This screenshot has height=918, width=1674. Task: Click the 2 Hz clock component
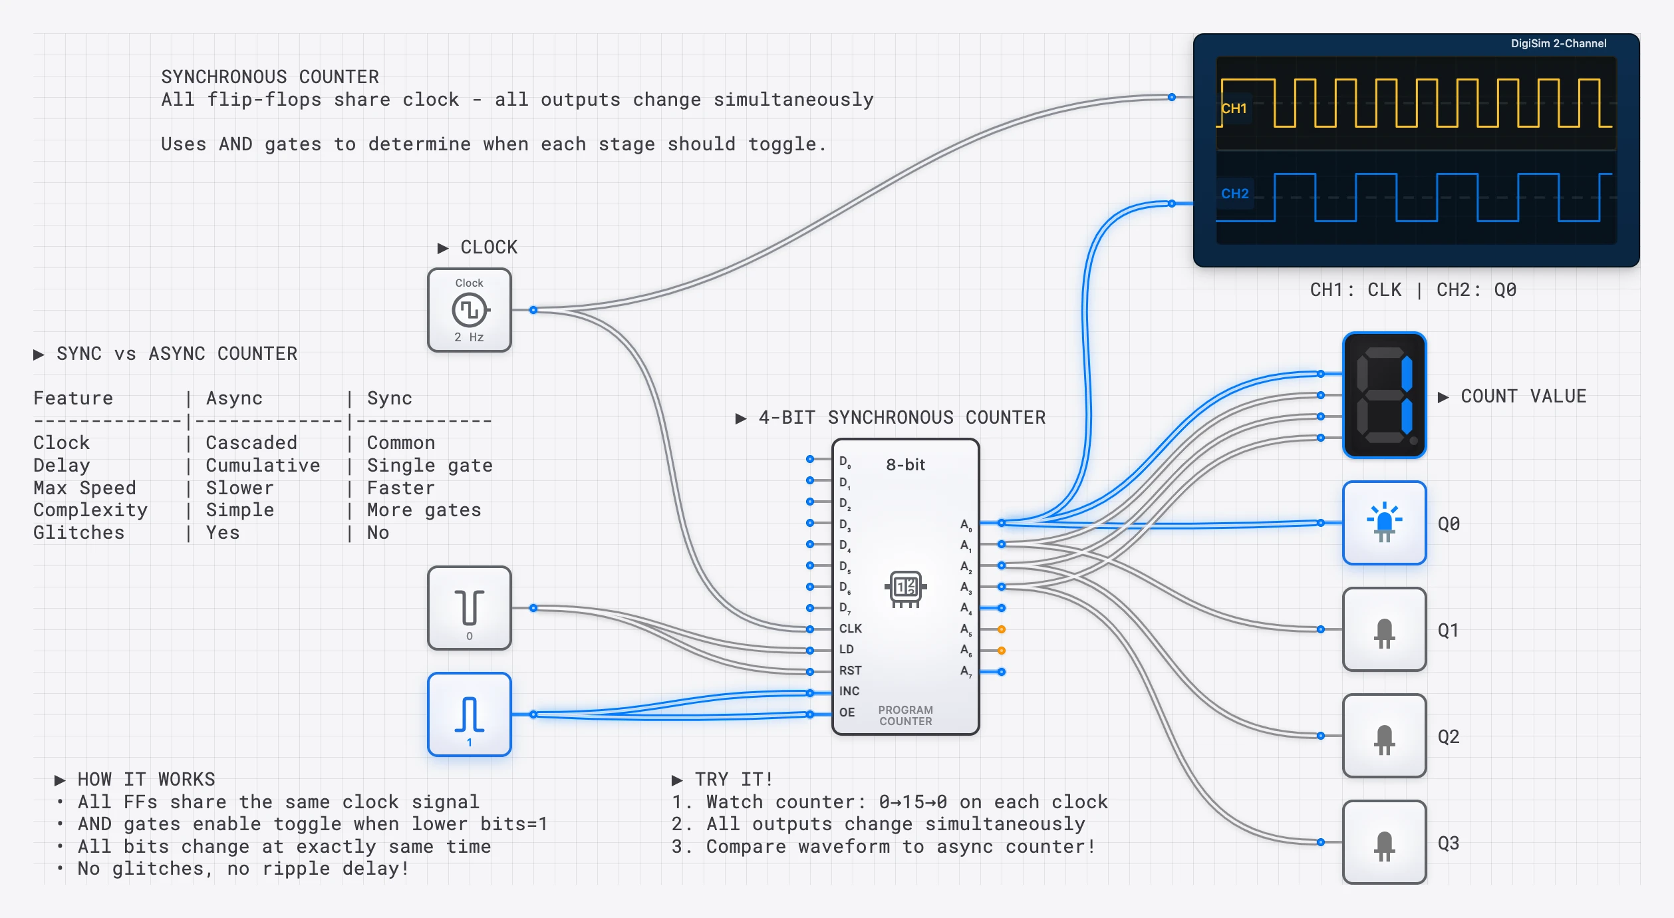[x=469, y=310]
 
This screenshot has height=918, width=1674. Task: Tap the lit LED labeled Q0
[x=1384, y=523]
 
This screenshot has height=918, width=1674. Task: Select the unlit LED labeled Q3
[x=1384, y=842]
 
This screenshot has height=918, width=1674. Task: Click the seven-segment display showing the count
[x=1384, y=395]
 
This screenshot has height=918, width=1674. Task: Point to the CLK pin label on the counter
[x=850, y=629]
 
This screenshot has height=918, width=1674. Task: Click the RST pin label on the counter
[x=850, y=671]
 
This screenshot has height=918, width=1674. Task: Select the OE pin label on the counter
[x=847, y=712]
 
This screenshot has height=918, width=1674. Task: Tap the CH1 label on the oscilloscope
[x=1234, y=108]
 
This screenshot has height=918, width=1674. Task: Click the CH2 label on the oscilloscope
[x=1234, y=194]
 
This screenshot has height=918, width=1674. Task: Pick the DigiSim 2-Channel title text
[x=1558, y=44]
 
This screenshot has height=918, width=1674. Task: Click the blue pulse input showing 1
[x=469, y=714]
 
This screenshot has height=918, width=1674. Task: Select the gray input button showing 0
[x=469, y=608]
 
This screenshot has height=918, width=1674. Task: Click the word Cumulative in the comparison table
[x=263, y=466]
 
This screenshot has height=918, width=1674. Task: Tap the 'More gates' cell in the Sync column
[x=424, y=510]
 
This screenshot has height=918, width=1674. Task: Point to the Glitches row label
[x=78, y=533]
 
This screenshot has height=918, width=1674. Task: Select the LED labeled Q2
[x=1384, y=736]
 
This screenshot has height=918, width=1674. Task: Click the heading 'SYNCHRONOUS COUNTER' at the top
[x=270, y=77]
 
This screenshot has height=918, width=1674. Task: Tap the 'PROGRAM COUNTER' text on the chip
[x=905, y=716]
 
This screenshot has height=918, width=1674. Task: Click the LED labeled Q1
[x=1384, y=629]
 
